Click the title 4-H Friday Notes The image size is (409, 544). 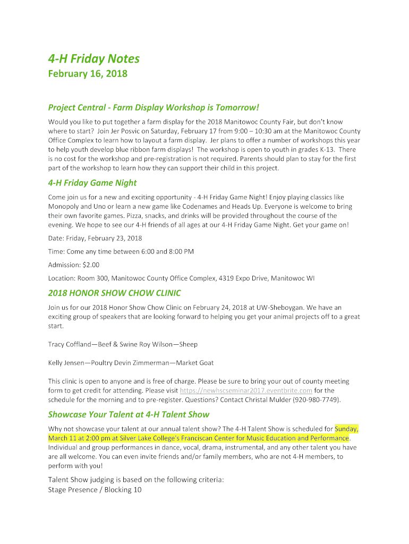(93, 58)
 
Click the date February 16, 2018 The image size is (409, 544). (88, 73)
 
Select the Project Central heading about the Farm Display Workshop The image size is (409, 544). (154, 107)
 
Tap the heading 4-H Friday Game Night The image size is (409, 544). (92, 183)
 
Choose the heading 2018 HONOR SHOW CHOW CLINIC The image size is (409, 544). (114, 293)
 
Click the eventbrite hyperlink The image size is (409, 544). (246, 390)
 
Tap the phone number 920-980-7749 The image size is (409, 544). (317, 399)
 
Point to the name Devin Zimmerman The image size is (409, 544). (140, 363)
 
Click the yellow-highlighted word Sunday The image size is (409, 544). (346, 429)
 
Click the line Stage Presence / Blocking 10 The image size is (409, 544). (95, 489)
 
